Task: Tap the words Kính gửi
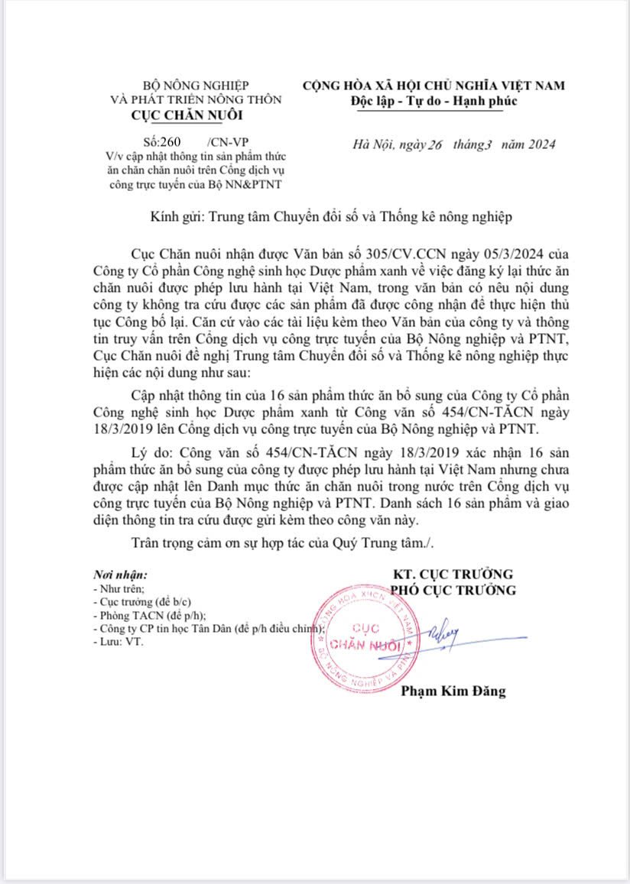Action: (x=176, y=217)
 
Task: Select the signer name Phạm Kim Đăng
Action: (x=453, y=691)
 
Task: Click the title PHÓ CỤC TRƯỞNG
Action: (x=453, y=590)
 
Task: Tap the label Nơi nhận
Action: (x=120, y=574)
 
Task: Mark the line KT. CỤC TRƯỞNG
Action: (x=453, y=574)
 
